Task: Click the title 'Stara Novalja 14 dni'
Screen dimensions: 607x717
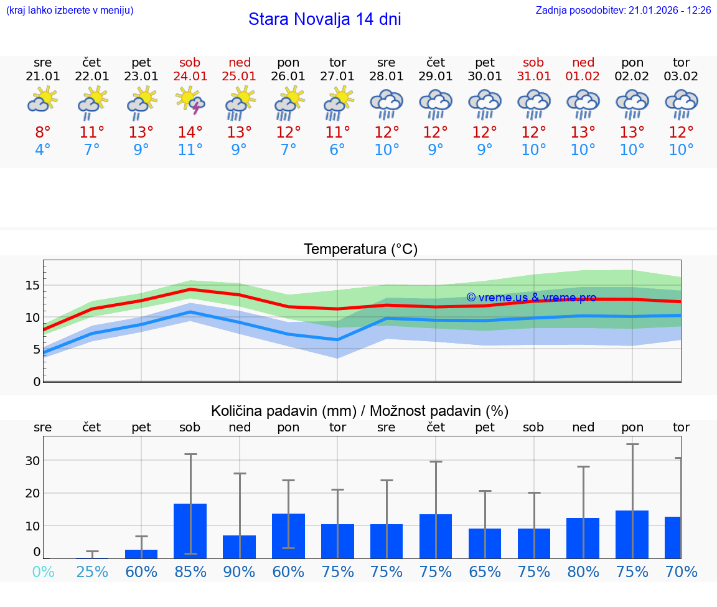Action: point(324,19)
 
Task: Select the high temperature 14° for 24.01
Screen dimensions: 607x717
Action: point(190,132)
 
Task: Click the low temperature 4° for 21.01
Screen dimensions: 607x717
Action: point(43,150)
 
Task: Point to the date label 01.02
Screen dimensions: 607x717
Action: point(583,76)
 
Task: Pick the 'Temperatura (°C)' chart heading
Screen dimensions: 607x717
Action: point(360,250)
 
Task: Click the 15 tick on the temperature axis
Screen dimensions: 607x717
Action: point(32,285)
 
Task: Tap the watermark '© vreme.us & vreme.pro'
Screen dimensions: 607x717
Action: point(531,298)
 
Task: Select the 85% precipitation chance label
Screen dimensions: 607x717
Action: point(190,572)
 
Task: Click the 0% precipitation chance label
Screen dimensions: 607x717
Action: point(43,572)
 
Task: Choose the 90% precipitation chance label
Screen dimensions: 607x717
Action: point(240,572)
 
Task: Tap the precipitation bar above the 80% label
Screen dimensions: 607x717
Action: point(583,538)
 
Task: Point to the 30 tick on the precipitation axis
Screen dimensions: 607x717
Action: point(32,461)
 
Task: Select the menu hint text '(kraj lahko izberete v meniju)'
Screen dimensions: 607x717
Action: point(70,11)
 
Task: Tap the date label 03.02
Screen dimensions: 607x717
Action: point(682,76)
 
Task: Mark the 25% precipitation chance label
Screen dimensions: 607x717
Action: point(92,572)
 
